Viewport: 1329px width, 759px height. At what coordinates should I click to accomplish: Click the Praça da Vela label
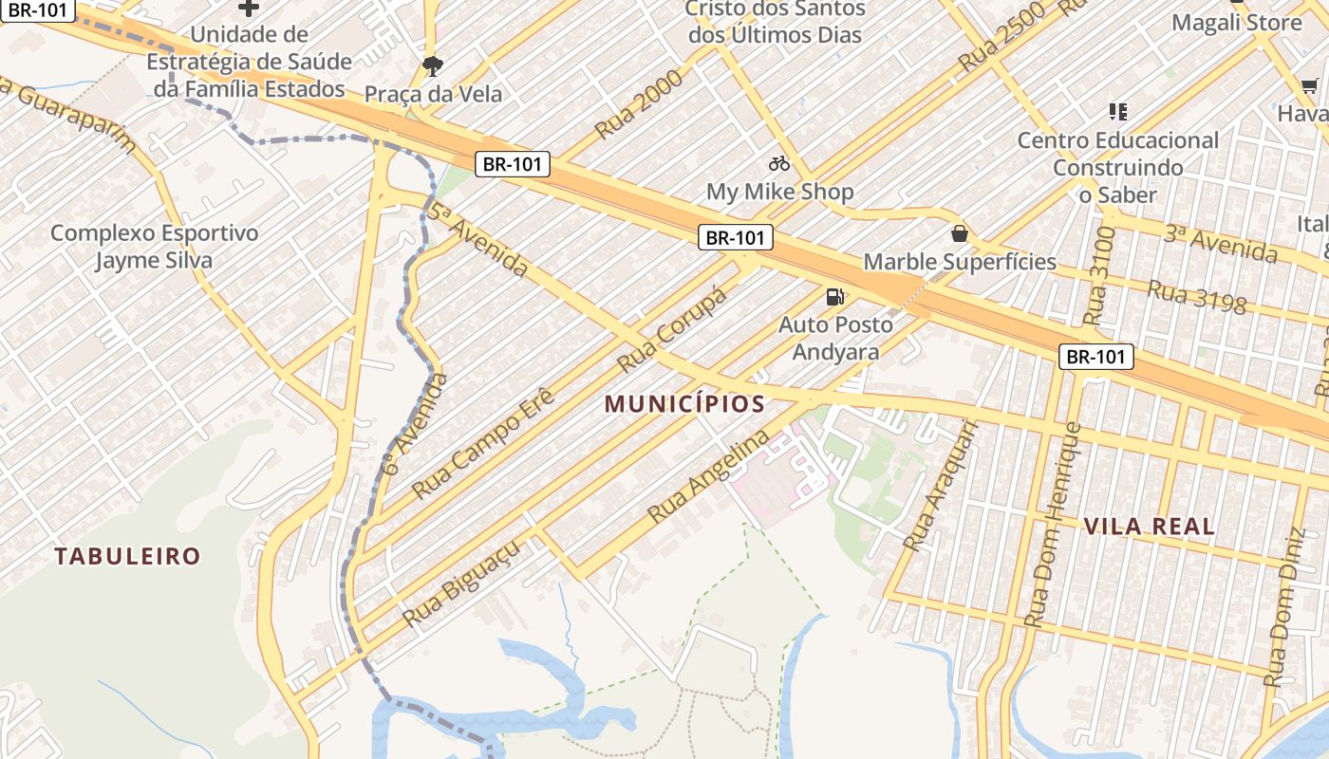click(433, 94)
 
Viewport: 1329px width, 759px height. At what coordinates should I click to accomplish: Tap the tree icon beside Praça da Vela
click(433, 66)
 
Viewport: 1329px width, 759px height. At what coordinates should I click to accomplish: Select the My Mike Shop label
click(779, 192)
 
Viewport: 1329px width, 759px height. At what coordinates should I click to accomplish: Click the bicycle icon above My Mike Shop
click(779, 163)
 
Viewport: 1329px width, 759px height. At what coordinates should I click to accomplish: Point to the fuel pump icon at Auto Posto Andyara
click(835, 297)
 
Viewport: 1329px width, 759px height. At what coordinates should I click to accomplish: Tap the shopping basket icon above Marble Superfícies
click(960, 233)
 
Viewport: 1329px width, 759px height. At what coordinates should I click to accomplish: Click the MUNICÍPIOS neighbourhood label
click(684, 404)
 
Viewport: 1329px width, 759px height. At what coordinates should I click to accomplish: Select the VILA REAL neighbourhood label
click(1149, 527)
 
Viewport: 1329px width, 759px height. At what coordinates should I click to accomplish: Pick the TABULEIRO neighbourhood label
click(127, 556)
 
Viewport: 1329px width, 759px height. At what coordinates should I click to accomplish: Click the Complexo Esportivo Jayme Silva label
click(154, 247)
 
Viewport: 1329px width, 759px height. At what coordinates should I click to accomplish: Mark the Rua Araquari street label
click(940, 486)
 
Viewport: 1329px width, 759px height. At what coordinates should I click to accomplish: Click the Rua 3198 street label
click(1196, 297)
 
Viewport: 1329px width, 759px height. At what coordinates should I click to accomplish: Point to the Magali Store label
click(1236, 23)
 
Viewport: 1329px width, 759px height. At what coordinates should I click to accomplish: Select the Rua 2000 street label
click(638, 104)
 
